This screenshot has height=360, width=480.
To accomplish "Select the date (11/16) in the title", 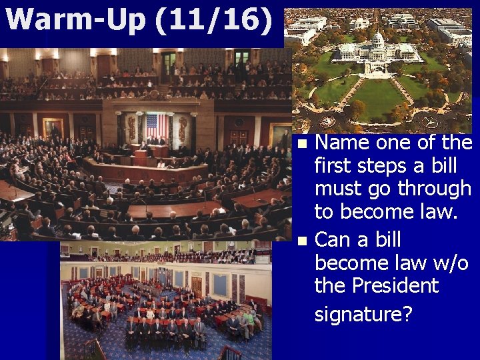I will (213, 20).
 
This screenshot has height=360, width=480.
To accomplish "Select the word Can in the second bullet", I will (332, 239).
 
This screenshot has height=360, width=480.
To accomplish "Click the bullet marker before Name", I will (304, 143).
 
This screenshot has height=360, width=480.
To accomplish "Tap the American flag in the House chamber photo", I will (157, 126).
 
